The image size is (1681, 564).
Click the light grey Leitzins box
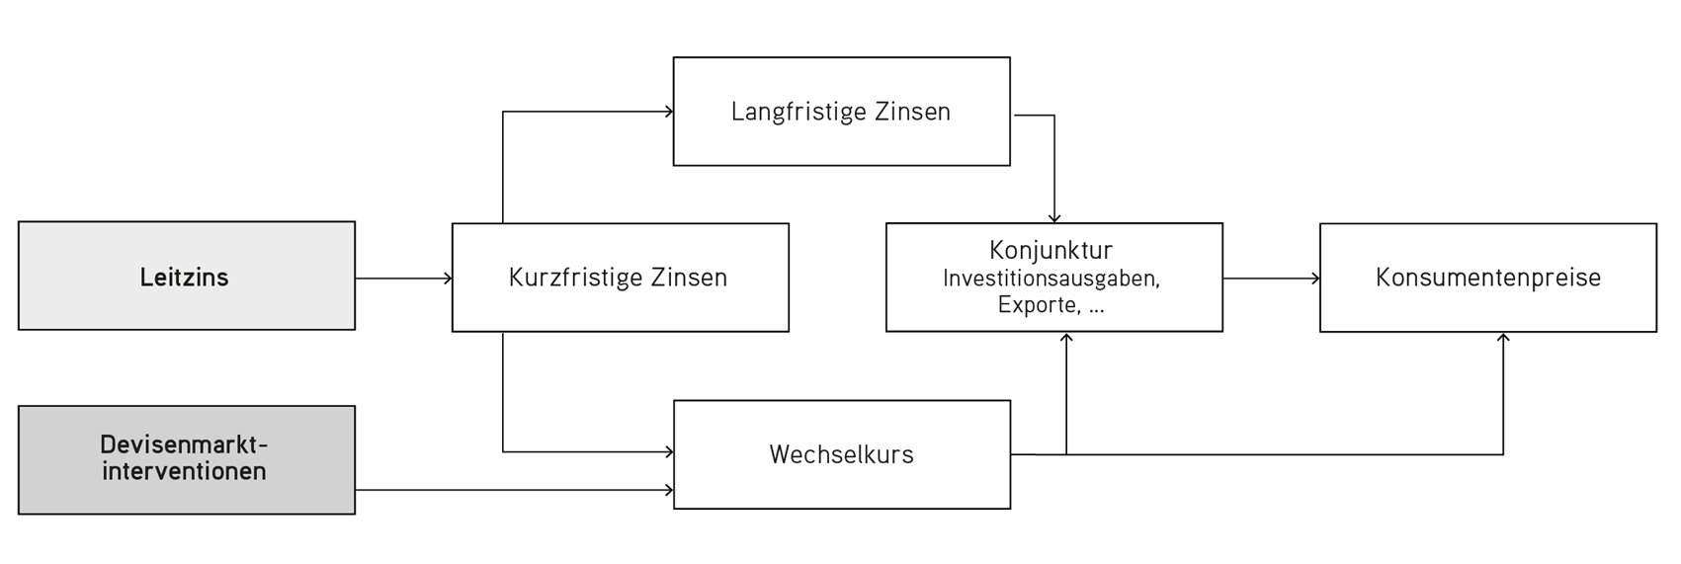coord(187,276)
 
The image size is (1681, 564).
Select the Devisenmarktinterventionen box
coord(187,459)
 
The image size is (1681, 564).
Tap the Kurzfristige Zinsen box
coord(621,278)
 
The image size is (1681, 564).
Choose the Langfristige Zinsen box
coord(841,111)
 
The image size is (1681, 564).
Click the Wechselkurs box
coord(842,454)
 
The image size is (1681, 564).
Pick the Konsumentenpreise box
coord(1488,278)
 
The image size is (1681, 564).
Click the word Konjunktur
coord(1051,250)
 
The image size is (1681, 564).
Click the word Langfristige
coord(789,112)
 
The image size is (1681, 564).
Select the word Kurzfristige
coord(566,278)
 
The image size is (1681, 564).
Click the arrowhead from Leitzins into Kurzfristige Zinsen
coord(448,279)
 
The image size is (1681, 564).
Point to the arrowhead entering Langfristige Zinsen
coord(669,112)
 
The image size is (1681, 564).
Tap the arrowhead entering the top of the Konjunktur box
coord(1054,218)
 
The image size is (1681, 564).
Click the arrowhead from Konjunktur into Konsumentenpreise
coord(1315,279)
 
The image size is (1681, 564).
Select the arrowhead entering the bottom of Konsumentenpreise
coord(1503,338)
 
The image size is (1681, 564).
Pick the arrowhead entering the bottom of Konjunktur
coord(1066,338)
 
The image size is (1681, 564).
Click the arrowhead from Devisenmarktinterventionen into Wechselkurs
coord(669,490)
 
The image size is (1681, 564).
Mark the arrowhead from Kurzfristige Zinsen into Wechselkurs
coord(669,451)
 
